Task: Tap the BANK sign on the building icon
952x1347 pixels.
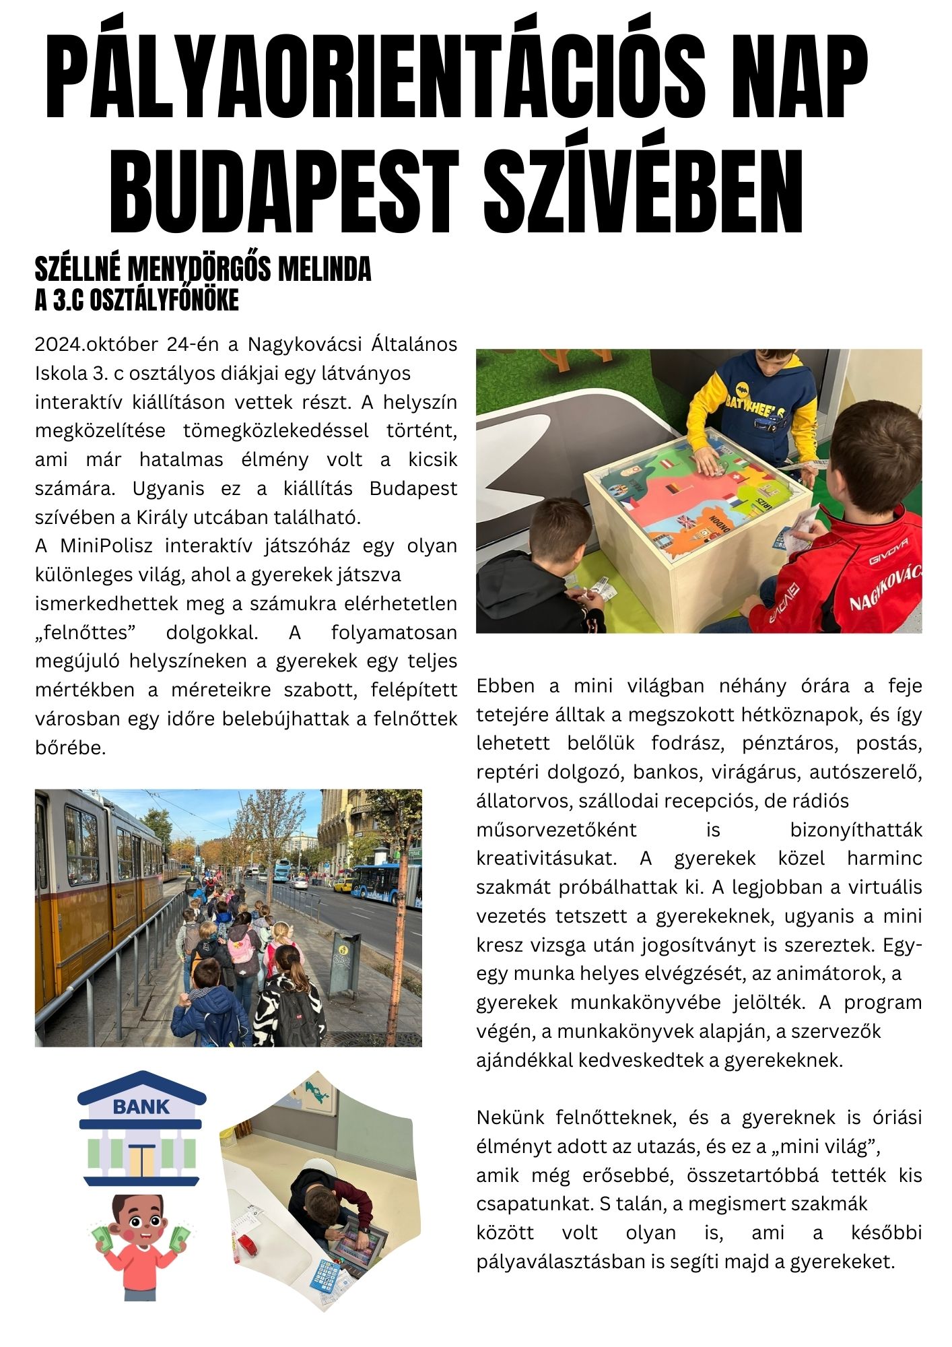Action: pyautogui.click(x=141, y=1107)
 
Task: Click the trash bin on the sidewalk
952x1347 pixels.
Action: pyautogui.click(x=345, y=963)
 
